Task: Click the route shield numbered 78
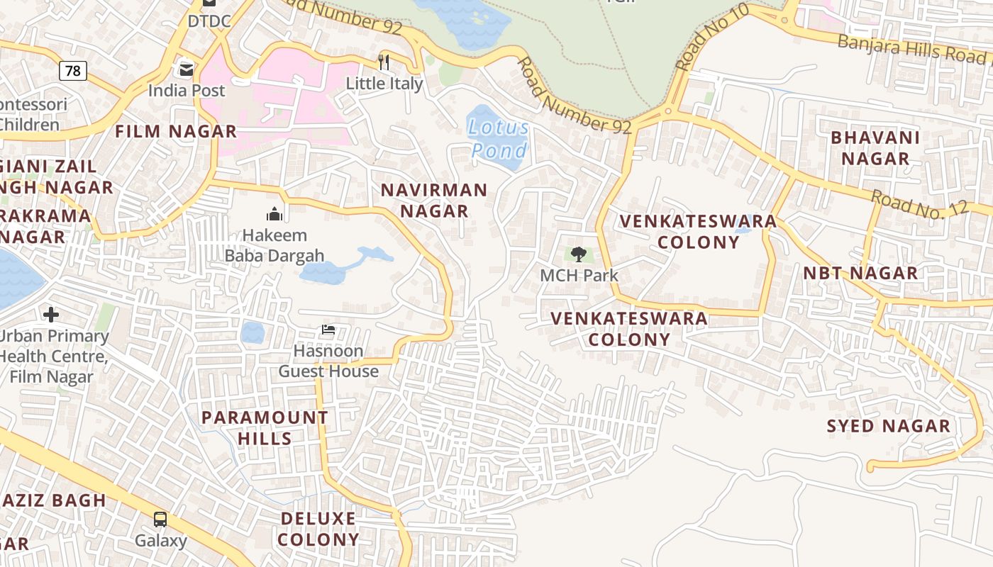72,70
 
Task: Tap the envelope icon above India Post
187,69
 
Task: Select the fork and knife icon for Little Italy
384,62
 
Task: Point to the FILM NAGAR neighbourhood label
176,131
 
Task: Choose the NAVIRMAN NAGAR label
434,201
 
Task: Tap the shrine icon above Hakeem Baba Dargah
274,213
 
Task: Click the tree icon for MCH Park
579,254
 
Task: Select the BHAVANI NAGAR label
875,148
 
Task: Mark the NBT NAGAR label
860,273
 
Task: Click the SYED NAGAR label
889,426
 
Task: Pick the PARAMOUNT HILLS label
265,428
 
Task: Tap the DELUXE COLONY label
318,529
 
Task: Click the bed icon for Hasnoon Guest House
328,330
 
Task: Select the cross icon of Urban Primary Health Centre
51,314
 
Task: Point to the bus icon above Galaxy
160,520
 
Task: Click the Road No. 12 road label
919,208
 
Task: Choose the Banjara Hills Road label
911,48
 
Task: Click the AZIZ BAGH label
54,500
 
